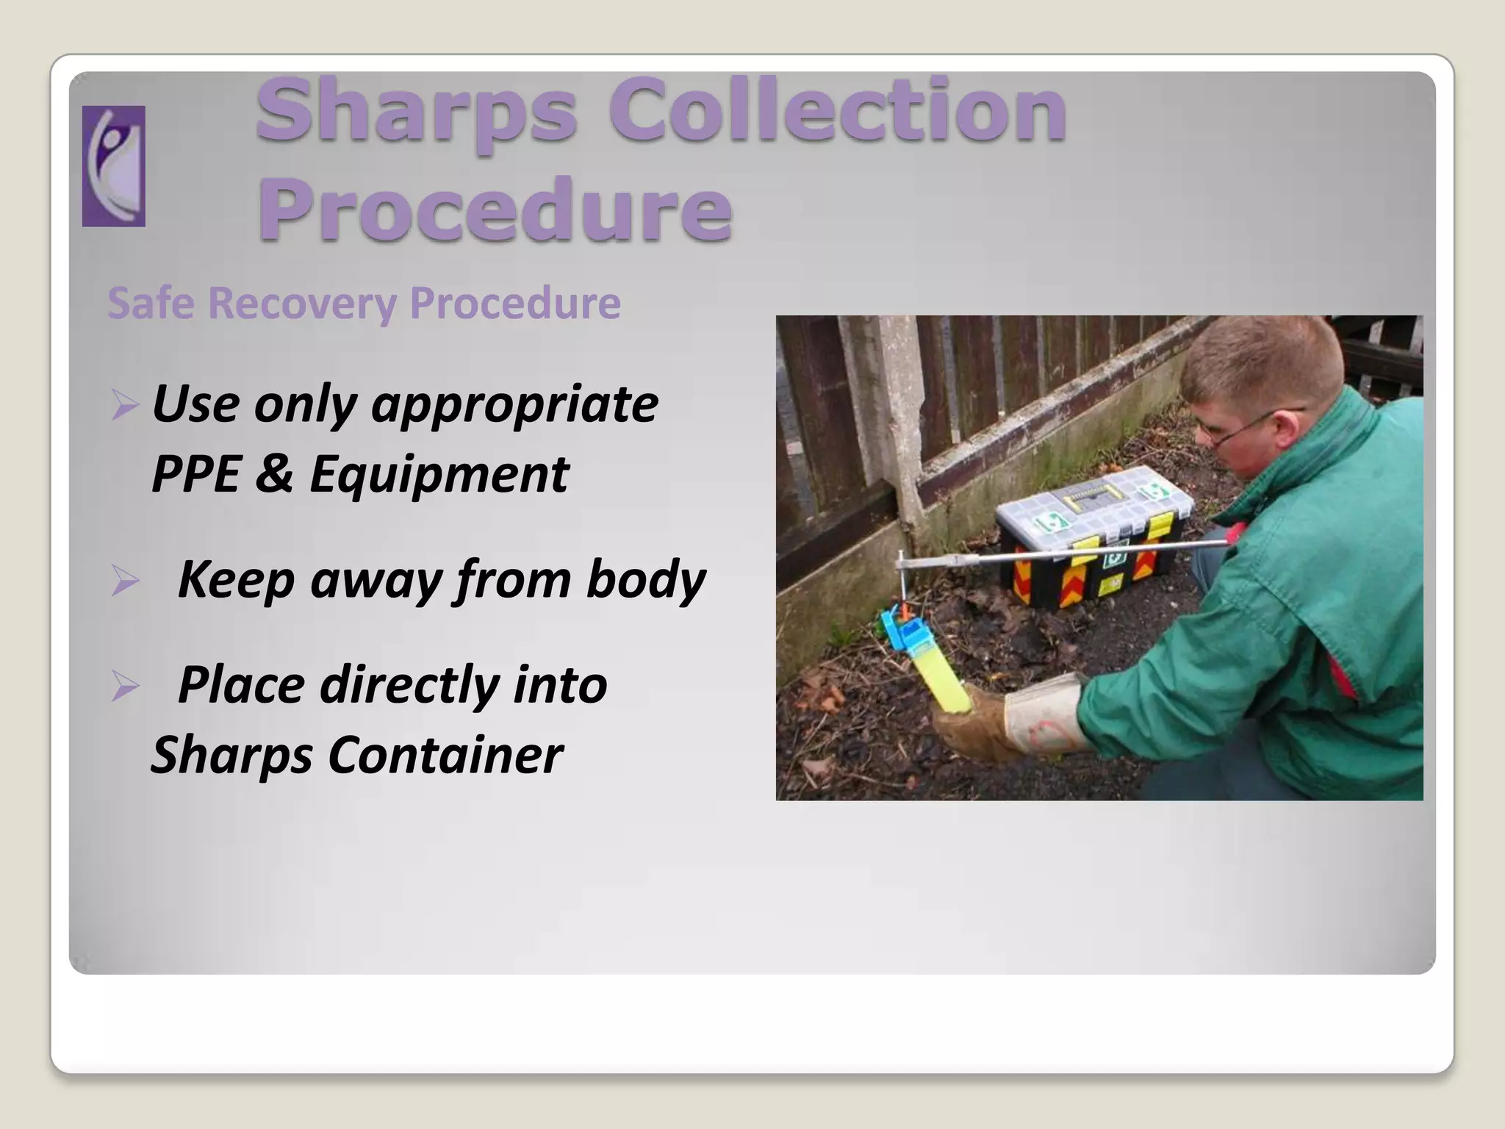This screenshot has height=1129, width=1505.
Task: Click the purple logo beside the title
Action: tap(113, 165)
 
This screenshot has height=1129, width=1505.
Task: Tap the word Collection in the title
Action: tap(837, 112)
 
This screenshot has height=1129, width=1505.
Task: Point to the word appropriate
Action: tap(514, 405)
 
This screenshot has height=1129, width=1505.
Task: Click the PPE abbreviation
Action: tap(195, 474)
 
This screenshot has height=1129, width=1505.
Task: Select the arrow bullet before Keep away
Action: tap(125, 581)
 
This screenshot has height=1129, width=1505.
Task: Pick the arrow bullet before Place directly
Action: tap(125, 687)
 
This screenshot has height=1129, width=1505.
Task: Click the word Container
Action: tap(445, 756)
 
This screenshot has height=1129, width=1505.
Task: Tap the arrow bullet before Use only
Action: tap(125, 405)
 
